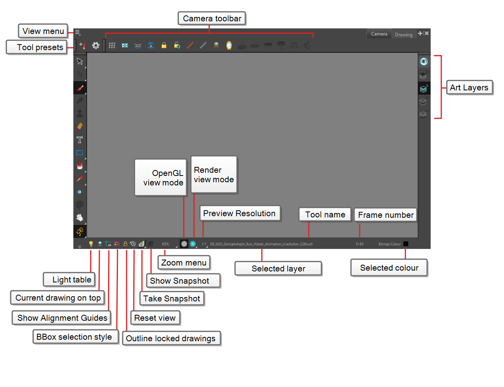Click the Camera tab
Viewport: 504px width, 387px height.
point(379,34)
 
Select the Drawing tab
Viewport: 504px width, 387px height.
point(403,35)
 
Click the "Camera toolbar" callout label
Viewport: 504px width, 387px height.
point(212,19)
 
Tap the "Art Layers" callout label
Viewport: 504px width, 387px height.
point(469,88)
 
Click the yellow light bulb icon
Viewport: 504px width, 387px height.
point(91,244)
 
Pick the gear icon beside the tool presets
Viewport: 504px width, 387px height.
point(96,45)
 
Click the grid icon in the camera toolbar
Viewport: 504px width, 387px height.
point(112,45)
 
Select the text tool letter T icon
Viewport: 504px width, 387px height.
point(80,140)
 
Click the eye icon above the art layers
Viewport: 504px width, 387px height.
point(424,62)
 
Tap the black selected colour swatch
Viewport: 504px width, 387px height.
point(406,244)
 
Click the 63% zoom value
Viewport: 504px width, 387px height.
point(165,244)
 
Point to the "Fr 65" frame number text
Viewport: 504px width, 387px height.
point(360,244)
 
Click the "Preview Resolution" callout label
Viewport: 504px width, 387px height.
point(239,213)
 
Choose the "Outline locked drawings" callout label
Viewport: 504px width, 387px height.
point(171,338)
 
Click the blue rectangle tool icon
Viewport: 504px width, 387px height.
point(80,153)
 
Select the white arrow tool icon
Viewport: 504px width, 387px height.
point(80,62)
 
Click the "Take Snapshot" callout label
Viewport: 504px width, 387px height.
point(172,299)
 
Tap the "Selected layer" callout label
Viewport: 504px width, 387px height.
point(278,269)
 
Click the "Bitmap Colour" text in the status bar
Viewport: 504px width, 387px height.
point(389,244)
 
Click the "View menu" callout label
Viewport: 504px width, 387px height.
point(43,31)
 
